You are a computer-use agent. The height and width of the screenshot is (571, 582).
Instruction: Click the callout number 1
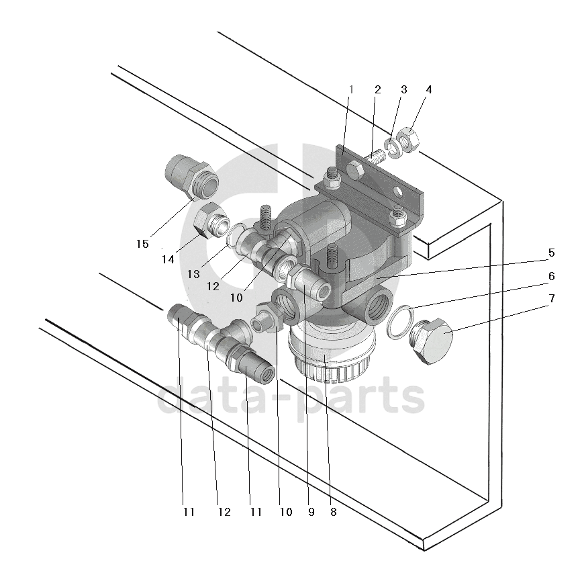click(x=350, y=89)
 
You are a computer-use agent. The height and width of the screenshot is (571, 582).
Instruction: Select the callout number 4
click(x=429, y=89)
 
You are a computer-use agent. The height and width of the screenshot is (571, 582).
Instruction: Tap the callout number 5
click(x=551, y=253)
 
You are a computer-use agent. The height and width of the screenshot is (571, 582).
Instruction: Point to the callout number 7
click(x=551, y=298)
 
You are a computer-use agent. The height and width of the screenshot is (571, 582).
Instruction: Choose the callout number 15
click(x=142, y=244)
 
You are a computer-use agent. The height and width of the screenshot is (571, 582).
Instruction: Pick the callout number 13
click(x=194, y=274)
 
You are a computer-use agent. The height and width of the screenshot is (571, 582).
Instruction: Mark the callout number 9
click(x=311, y=512)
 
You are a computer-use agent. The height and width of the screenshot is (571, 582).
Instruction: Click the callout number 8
click(x=333, y=512)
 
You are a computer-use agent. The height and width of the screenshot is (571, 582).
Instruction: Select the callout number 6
click(x=551, y=275)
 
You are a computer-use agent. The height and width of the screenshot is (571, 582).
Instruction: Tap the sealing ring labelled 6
click(x=401, y=318)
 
